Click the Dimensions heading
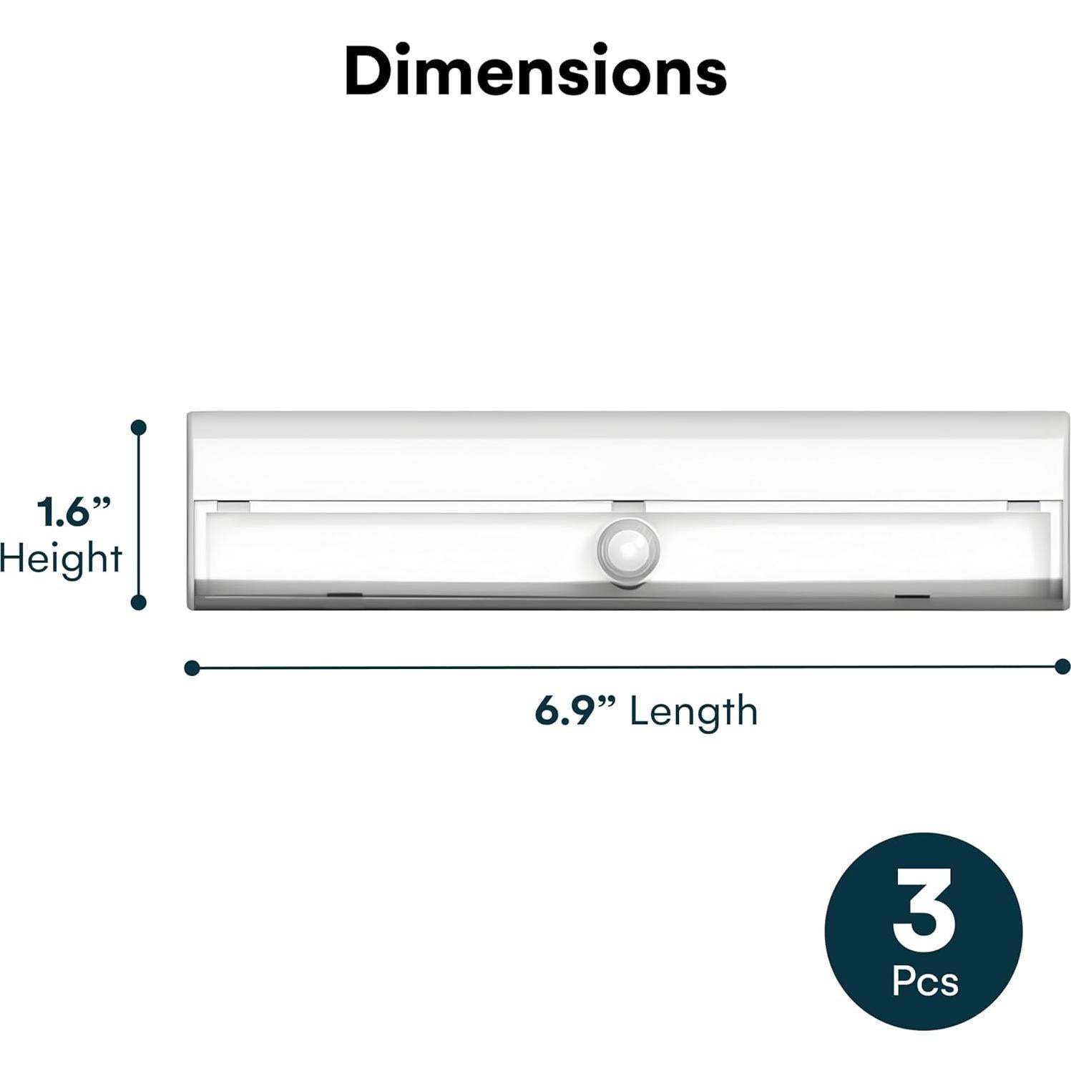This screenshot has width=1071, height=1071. [535, 72]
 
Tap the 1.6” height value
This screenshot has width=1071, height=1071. [74, 512]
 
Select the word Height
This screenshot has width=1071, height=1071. [62, 559]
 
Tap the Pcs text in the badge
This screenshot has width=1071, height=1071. [924, 981]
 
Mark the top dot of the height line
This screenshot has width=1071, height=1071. [139, 428]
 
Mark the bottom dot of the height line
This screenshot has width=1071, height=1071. [139, 602]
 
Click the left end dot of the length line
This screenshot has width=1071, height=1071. [191, 668]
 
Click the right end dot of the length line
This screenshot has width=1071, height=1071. [1062, 667]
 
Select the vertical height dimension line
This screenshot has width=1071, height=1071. [139, 515]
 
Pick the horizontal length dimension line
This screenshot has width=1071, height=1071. [627, 667]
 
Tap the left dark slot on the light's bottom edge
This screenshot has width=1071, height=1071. [344, 595]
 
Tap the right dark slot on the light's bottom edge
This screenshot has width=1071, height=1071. [912, 596]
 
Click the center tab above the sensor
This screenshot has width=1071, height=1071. [628, 506]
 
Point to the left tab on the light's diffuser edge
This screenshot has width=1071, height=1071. [233, 506]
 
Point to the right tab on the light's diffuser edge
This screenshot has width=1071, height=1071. [1022, 506]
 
